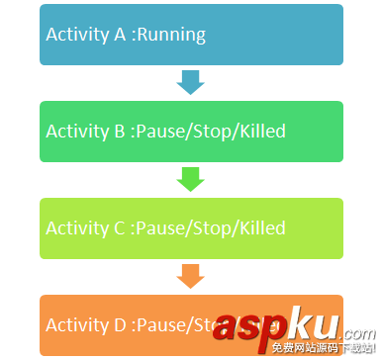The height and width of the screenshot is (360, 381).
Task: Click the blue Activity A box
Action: [191, 35]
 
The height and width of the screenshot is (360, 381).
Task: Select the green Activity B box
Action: [191, 132]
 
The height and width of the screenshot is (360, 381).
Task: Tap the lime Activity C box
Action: [191, 228]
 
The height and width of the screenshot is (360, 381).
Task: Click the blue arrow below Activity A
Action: [190, 83]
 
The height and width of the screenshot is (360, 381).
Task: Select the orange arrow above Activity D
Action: [190, 276]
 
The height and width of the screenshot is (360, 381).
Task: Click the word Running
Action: [170, 36]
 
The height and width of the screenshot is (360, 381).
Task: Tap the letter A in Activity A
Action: [120, 35]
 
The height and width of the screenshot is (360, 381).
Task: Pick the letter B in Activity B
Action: [120, 132]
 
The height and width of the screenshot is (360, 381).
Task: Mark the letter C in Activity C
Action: [120, 228]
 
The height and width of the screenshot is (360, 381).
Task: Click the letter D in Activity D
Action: [120, 324]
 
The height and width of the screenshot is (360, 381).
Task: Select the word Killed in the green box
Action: [259, 132]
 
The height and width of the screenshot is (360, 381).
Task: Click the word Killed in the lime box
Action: [259, 228]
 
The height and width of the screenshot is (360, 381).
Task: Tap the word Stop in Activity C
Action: [210, 228]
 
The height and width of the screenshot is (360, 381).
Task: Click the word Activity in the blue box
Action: [77, 36]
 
